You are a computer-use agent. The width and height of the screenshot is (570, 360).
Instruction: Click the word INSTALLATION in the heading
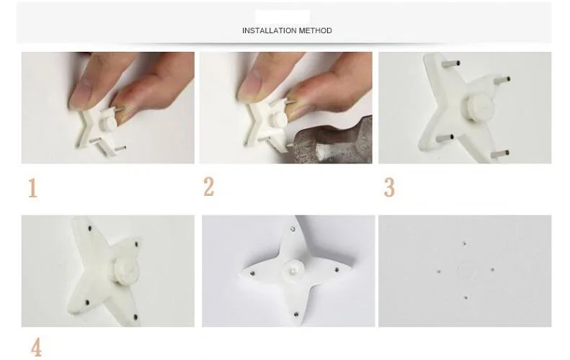[270, 30]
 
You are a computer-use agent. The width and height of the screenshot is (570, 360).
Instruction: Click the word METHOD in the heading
[315, 30]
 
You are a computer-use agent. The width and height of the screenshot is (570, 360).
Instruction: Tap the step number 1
[32, 188]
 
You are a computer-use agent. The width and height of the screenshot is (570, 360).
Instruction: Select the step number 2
[209, 187]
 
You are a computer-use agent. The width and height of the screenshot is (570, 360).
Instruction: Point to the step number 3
[389, 187]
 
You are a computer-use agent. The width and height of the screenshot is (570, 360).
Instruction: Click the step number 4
[36, 347]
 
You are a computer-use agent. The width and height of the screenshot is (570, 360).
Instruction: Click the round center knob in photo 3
[478, 104]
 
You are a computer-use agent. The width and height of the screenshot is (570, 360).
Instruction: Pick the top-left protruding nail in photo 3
[451, 63]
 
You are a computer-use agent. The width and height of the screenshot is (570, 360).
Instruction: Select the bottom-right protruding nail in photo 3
[500, 154]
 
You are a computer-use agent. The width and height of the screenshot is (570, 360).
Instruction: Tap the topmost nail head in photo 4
[90, 228]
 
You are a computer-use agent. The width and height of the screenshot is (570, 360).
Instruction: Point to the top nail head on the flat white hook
[293, 229]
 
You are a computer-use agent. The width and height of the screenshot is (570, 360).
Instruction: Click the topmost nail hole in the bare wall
[464, 243]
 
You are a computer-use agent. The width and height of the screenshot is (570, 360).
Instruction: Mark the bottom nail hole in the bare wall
[466, 297]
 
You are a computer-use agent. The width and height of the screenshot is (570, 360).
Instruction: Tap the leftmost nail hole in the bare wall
[439, 271]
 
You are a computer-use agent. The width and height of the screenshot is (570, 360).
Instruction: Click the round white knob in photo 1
[107, 123]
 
